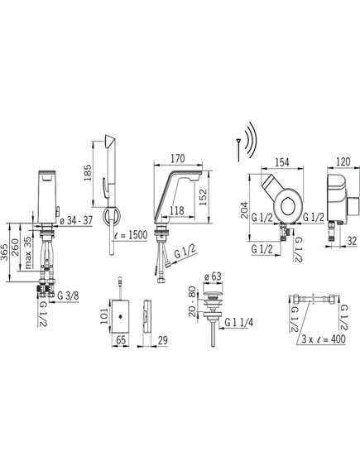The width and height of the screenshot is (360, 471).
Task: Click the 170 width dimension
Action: point(177,159)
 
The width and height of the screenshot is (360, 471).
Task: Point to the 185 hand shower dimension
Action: point(88,172)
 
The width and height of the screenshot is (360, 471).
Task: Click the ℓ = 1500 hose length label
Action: point(131,235)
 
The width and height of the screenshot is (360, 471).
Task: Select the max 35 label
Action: point(27,252)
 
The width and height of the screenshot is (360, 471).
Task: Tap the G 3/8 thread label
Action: point(68,296)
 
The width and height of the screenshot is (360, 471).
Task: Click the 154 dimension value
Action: point(282,162)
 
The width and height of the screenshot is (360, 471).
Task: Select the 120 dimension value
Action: point(343,161)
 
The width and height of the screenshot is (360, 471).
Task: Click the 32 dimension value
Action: point(352,241)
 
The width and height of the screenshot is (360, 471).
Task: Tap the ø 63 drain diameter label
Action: point(213,276)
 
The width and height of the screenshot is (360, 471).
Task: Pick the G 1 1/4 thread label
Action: point(239,323)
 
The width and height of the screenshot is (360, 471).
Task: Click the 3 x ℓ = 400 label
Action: point(324,339)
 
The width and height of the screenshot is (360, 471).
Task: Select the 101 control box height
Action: point(104,315)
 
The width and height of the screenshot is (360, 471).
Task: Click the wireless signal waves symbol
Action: point(252,142)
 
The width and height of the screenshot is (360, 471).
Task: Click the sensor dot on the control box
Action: point(120,316)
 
